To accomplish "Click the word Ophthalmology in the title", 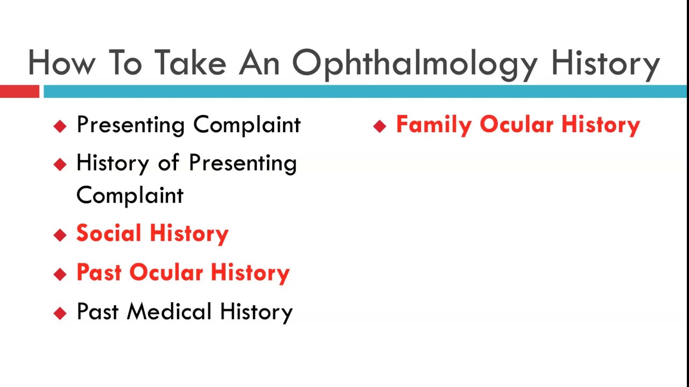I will coord(414,63).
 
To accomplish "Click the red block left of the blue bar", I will coord(19,92).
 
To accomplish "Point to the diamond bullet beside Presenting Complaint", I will coord(60,126).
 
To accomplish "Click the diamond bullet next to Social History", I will coord(60,235).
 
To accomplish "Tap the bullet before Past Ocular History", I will coord(60,274).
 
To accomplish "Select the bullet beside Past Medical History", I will coord(60,313).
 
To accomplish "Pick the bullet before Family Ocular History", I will coord(379,126).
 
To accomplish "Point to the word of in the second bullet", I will coord(168,162).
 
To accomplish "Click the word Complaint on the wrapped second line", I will coord(130,196).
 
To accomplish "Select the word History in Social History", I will coord(189,234).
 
